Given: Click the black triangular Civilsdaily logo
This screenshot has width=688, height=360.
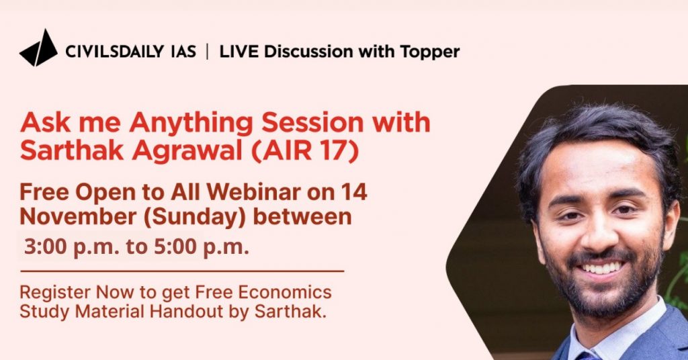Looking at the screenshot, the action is [38, 48].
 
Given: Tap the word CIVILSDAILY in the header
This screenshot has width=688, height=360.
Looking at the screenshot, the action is [114, 52].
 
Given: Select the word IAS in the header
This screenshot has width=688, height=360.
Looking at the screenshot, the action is [183, 52].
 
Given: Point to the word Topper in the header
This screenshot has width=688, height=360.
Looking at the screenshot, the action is [429, 52].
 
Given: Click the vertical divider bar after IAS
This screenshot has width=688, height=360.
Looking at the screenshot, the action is [208, 52].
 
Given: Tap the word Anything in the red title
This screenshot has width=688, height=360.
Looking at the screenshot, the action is [191, 124].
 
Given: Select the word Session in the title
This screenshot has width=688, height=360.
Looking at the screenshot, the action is [312, 123].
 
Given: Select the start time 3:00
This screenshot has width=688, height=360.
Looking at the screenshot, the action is [45, 247].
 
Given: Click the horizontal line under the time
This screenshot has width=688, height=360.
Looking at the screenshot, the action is [182, 271].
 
